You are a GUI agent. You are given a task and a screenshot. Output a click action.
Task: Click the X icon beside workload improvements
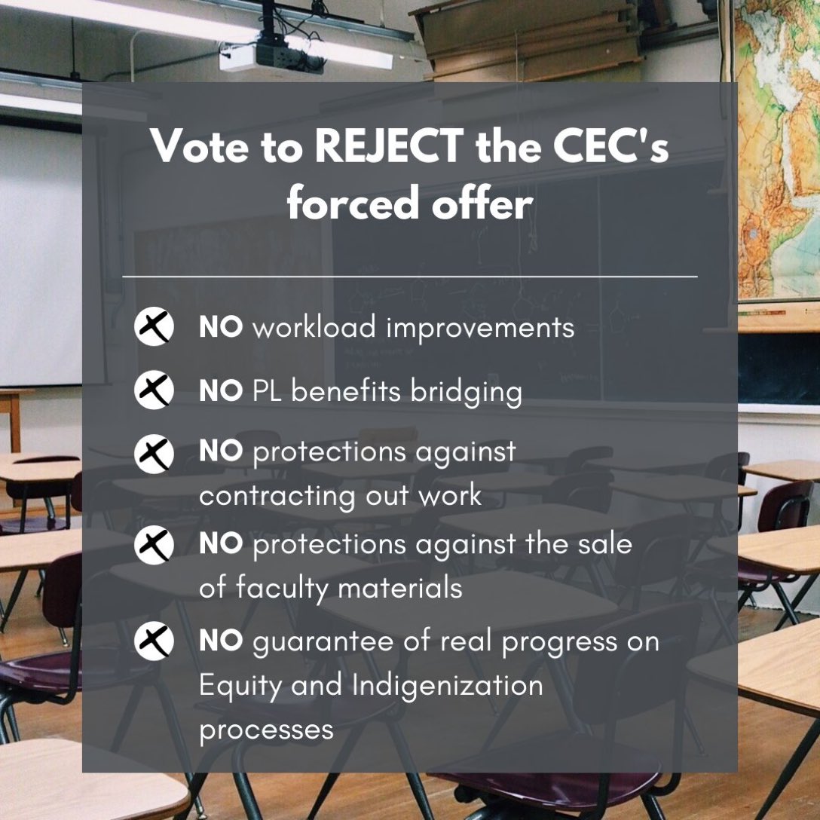tap(154, 328)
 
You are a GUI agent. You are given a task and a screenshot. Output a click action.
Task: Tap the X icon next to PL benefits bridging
tap(154, 391)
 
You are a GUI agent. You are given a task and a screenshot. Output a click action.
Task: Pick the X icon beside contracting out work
tap(154, 454)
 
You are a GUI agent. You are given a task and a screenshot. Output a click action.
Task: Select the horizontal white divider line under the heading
tap(409, 277)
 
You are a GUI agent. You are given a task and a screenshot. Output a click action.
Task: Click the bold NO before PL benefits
tap(221, 392)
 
